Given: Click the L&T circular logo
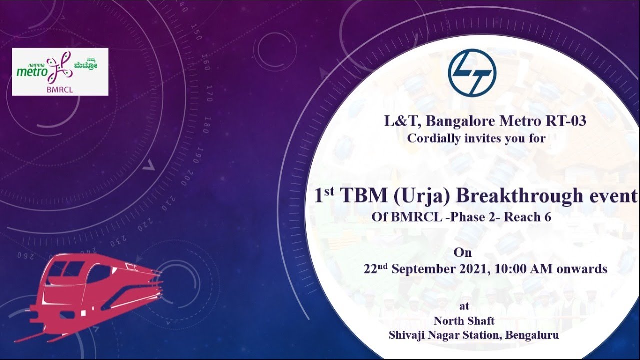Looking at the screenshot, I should click(x=472, y=73).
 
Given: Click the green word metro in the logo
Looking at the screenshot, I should click(x=31, y=71).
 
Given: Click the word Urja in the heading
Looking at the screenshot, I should click(x=422, y=196).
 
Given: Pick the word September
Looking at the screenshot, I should click(x=424, y=269).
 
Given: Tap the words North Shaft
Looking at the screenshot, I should click(x=464, y=320).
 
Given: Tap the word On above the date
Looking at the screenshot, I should click(x=462, y=253).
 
